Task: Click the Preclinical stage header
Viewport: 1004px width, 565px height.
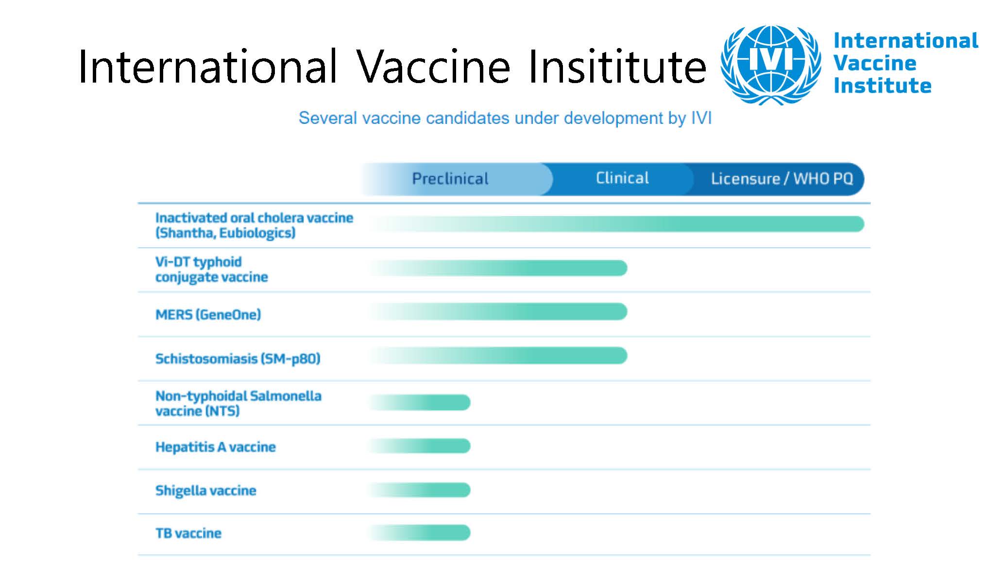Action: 450,179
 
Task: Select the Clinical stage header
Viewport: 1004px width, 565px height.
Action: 622,178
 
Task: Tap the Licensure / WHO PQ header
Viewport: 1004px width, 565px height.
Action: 782,179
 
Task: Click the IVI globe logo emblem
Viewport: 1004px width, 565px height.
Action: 771,64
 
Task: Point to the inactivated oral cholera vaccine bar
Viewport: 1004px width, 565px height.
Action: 617,224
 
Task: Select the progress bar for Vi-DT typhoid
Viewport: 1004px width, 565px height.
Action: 500,268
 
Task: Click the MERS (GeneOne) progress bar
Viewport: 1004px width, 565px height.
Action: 500,311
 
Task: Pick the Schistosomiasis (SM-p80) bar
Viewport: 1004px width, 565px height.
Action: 500,356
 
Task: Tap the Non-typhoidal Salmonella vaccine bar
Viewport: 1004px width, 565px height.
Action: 423,402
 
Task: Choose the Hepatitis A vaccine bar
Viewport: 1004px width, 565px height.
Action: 423,446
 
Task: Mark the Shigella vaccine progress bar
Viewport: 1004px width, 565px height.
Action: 423,490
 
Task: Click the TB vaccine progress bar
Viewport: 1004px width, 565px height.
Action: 423,533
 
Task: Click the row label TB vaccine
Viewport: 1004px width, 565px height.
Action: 188,533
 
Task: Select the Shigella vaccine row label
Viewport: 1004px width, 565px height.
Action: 205,491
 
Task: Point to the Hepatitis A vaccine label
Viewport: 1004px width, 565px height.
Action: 215,447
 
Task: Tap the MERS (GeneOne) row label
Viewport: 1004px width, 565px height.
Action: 208,315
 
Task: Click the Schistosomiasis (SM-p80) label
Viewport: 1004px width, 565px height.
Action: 238,359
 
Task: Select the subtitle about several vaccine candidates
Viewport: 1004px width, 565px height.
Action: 505,118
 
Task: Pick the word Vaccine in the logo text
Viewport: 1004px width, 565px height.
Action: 875,63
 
